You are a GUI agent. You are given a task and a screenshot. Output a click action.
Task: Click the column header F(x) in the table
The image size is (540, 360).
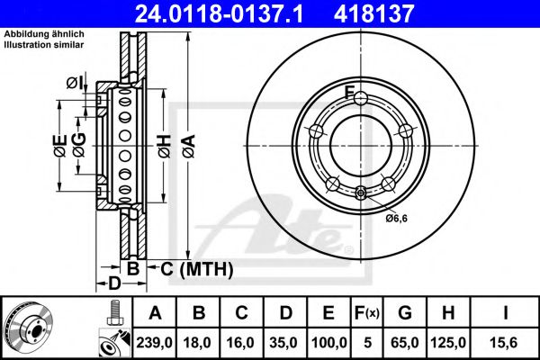coord(369,312)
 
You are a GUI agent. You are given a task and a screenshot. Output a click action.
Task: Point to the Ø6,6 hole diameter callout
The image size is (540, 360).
coord(397,218)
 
